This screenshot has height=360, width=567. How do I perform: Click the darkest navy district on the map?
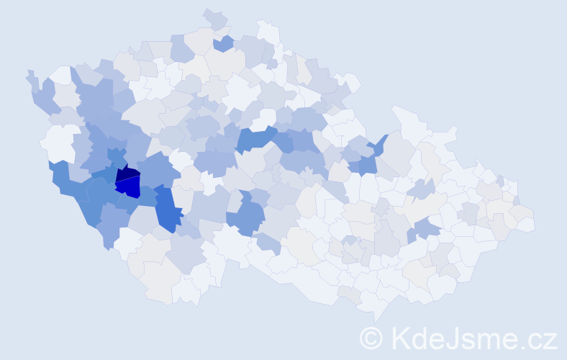pyautogui.click(x=127, y=172)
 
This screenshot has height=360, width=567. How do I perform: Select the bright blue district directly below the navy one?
pyautogui.click(x=129, y=186)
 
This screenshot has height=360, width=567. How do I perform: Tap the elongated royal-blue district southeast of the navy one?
pyautogui.click(x=166, y=208)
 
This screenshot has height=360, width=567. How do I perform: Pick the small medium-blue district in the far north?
pyautogui.click(x=224, y=44)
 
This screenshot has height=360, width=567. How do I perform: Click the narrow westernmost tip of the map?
pyautogui.click(x=30, y=75)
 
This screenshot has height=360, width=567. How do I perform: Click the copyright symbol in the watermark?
pyautogui.click(x=371, y=338)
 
